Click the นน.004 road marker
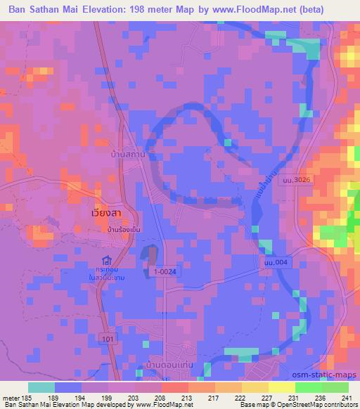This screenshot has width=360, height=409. [274, 262]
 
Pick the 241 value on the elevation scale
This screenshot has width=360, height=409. [346, 398]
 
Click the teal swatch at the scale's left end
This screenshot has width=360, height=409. [41, 387]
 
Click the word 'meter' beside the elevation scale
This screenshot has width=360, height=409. [11, 398]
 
